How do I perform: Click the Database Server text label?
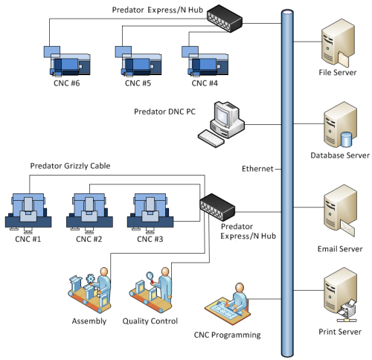point(339,155)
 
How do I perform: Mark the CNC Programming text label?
point(227,335)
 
